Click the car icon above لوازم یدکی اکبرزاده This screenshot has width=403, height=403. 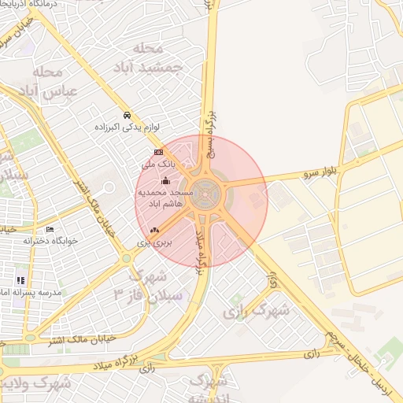[128, 114]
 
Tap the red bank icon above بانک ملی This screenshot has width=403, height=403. [158, 152]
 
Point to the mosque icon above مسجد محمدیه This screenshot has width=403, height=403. [165, 181]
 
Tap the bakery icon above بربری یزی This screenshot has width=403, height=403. [154, 230]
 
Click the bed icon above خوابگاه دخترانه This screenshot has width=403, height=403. [50, 229]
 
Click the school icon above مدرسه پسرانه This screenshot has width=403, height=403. [20, 279]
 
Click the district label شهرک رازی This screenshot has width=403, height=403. [256, 310]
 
